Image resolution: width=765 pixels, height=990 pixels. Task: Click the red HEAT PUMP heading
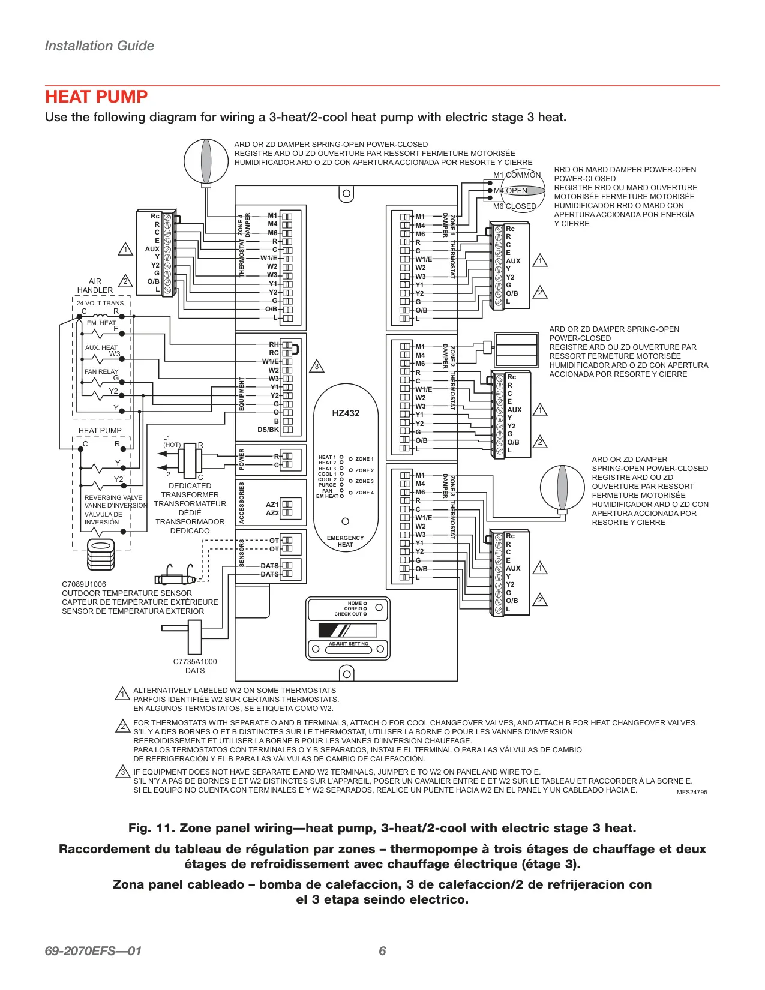click(96, 97)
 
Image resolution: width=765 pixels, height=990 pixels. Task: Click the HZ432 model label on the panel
click(346, 413)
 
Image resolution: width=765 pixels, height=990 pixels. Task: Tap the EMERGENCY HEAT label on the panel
click(345, 541)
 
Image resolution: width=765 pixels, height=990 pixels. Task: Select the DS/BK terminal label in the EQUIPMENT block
click(268, 430)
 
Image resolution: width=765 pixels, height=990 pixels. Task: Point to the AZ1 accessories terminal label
click(272, 505)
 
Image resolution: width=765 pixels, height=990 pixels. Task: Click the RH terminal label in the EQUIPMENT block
click(274, 344)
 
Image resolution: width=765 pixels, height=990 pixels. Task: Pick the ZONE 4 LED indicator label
click(365, 493)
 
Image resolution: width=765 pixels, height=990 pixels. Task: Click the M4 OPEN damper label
click(511, 190)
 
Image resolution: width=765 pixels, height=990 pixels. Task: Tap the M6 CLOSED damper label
click(514, 206)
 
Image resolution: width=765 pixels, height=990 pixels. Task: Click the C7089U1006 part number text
click(84, 584)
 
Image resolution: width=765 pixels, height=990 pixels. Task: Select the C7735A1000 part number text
click(195, 662)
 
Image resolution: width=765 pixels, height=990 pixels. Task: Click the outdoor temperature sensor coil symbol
click(101, 554)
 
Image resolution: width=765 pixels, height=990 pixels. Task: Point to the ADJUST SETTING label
click(349, 644)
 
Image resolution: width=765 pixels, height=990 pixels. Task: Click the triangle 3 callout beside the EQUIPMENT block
click(317, 366)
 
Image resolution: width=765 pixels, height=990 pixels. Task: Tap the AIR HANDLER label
click(95, 286)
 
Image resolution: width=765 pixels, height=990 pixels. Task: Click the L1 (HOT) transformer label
click(172, 441)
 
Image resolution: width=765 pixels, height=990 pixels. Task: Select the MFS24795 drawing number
click(692, 792)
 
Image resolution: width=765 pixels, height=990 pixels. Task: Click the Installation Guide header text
click(100, 46)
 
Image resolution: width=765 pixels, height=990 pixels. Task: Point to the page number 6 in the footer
click(382, 951)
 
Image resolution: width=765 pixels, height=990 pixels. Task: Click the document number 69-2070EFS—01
click(93, 951)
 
